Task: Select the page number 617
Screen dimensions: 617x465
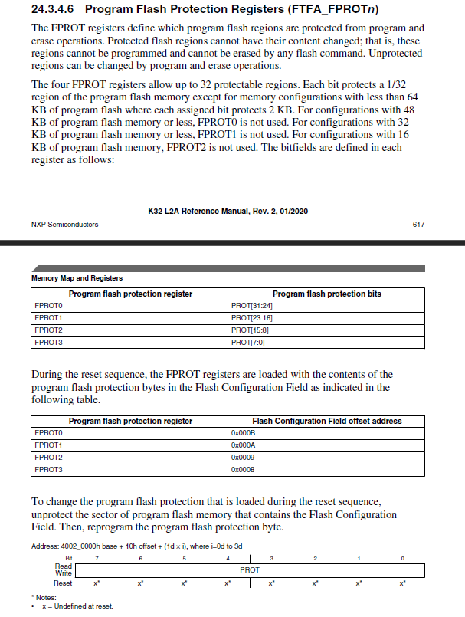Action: tap(418, 224)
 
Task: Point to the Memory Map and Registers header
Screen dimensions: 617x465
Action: tap(77, 277)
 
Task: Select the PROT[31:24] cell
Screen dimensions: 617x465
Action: tap(252, 306)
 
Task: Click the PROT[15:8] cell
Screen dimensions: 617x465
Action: tap(250, 330)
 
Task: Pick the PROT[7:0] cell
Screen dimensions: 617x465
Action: tap(247, 342)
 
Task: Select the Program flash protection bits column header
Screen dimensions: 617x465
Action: tap(326, 294)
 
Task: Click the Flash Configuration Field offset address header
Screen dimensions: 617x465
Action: tap(326, 421)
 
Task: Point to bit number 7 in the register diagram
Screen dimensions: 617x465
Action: tap(96, 557)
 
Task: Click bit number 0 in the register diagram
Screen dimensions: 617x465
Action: tap(402, 557)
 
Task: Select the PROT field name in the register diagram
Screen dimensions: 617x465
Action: tap(250, 569)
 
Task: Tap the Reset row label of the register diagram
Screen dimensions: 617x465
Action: tap(63, 583)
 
